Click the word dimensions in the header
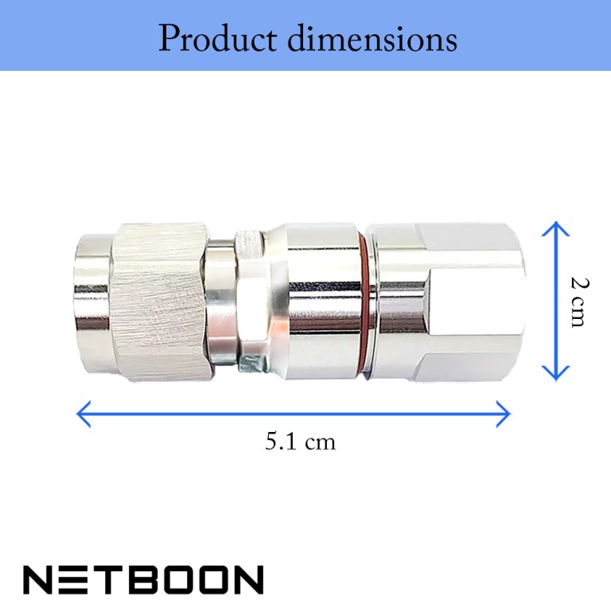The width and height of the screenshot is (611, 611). pyautogui.click(x=372, y=37)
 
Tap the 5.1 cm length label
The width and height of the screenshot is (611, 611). pyautogui.click(x=300, y=441)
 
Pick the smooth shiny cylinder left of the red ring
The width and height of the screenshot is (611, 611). pyautogui.click(x=318, y=300)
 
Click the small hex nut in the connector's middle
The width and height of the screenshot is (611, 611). pyautogui.click(x=250, y=300)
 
